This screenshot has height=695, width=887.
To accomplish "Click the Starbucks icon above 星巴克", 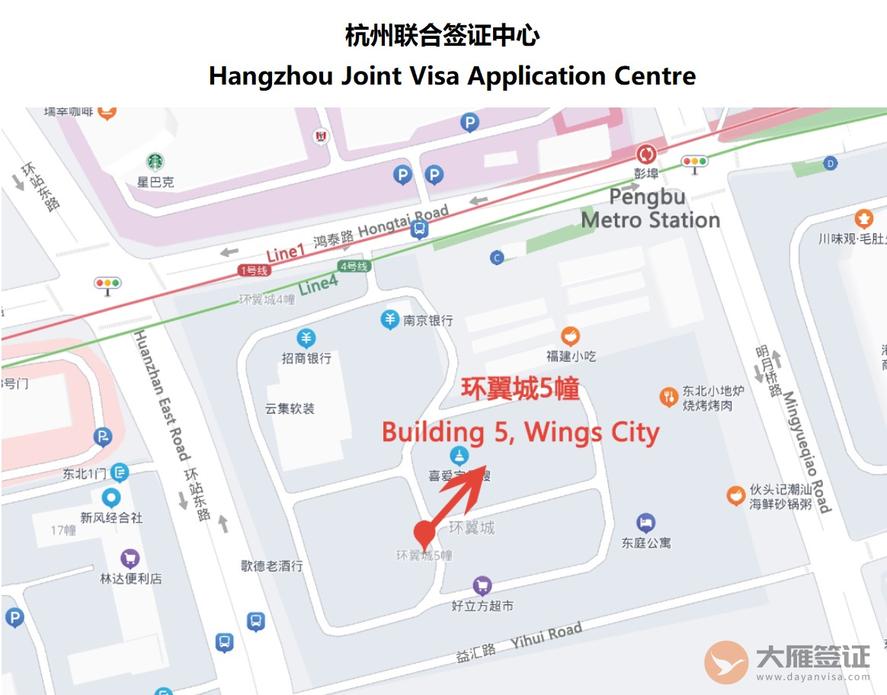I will pos(155,162).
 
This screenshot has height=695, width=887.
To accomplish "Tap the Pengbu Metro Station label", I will pos(650,209).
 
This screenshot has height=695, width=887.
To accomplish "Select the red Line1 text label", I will pos(285,254).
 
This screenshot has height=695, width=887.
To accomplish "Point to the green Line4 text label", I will pos(319,286).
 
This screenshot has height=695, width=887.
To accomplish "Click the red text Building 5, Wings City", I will pos(520,432).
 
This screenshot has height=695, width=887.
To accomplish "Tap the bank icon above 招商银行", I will pos(306,338).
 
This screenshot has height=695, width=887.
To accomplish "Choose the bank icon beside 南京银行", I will pos(390,319).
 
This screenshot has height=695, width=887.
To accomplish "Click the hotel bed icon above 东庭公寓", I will pos(645,523).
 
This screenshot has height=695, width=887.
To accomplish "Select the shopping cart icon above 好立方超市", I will pos(482,585).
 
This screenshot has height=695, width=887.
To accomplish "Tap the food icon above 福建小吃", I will pos(570,335).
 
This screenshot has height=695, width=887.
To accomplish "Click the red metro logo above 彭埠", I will pos(646,154).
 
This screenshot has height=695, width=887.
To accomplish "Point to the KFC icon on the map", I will pos(321,136).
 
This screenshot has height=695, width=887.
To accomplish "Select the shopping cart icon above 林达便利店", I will pos(130,559).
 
